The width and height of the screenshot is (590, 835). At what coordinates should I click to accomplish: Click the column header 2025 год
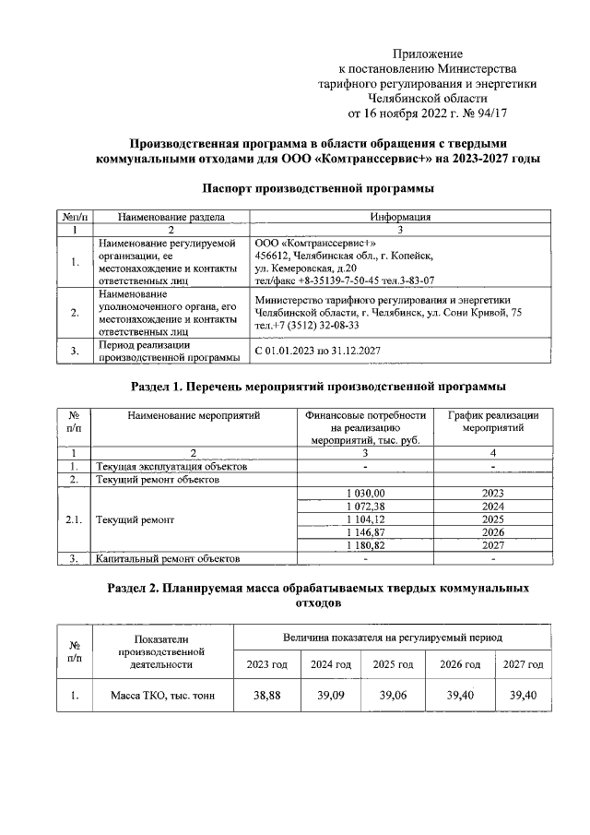pyautogui.click(x=394, y=664)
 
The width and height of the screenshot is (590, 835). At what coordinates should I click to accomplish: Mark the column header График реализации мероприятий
pyautogui.click(x=493, y=422)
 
